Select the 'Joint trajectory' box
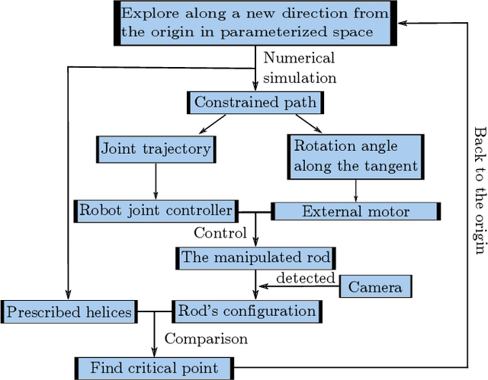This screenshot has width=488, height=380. pos(156,148)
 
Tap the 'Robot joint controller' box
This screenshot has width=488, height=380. pos(156,210)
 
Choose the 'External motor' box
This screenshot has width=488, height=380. pos(356,211)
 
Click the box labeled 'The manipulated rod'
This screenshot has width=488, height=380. pos(255,257)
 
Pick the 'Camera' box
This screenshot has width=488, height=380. pos(375,286)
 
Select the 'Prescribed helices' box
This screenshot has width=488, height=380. pos(69,311)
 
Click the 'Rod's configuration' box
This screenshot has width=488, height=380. pos(246,310)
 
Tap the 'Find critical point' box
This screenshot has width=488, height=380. pos(153,368)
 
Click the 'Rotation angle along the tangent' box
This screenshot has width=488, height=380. pos(355,156)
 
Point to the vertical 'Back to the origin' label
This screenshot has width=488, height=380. pos(478,190)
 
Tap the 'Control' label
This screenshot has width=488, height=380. pos(220,233)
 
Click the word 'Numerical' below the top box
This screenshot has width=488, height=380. pos(299,59)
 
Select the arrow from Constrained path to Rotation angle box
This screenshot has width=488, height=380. pos(307,123)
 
